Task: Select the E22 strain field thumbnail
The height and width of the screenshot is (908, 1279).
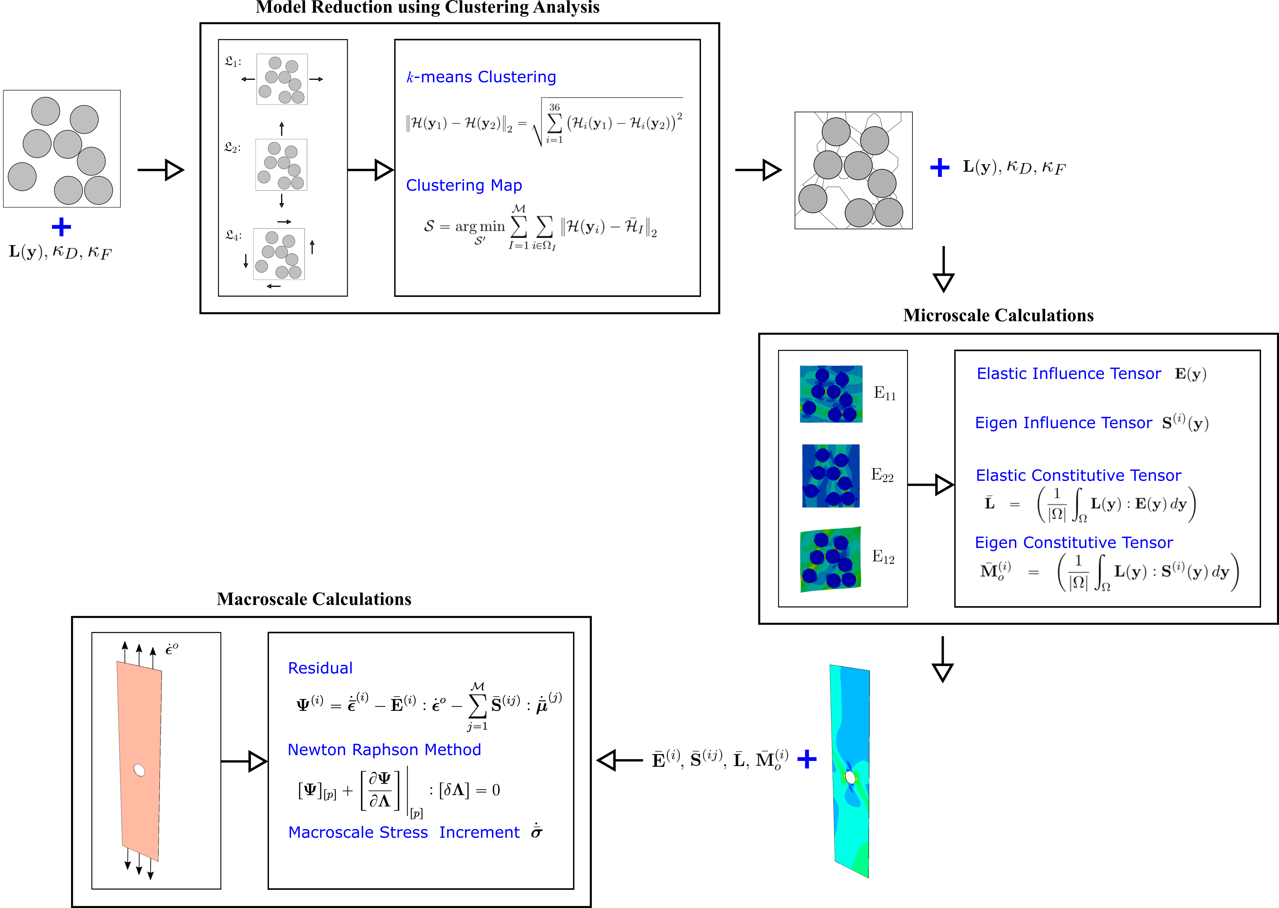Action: (x=831, y=476)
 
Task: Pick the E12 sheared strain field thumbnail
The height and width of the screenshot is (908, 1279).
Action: (x=831, y=559)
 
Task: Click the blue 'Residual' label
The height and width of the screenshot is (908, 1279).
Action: (x=320, y=668)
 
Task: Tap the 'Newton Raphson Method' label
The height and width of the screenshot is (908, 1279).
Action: (x=384, y=750)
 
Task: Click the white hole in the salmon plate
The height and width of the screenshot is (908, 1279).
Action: (x=139, y=771)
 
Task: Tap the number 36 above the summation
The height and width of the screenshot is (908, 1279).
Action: (x=554, y=107)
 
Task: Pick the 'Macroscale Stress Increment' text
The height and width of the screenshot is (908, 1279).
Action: (x=404, y=832)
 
